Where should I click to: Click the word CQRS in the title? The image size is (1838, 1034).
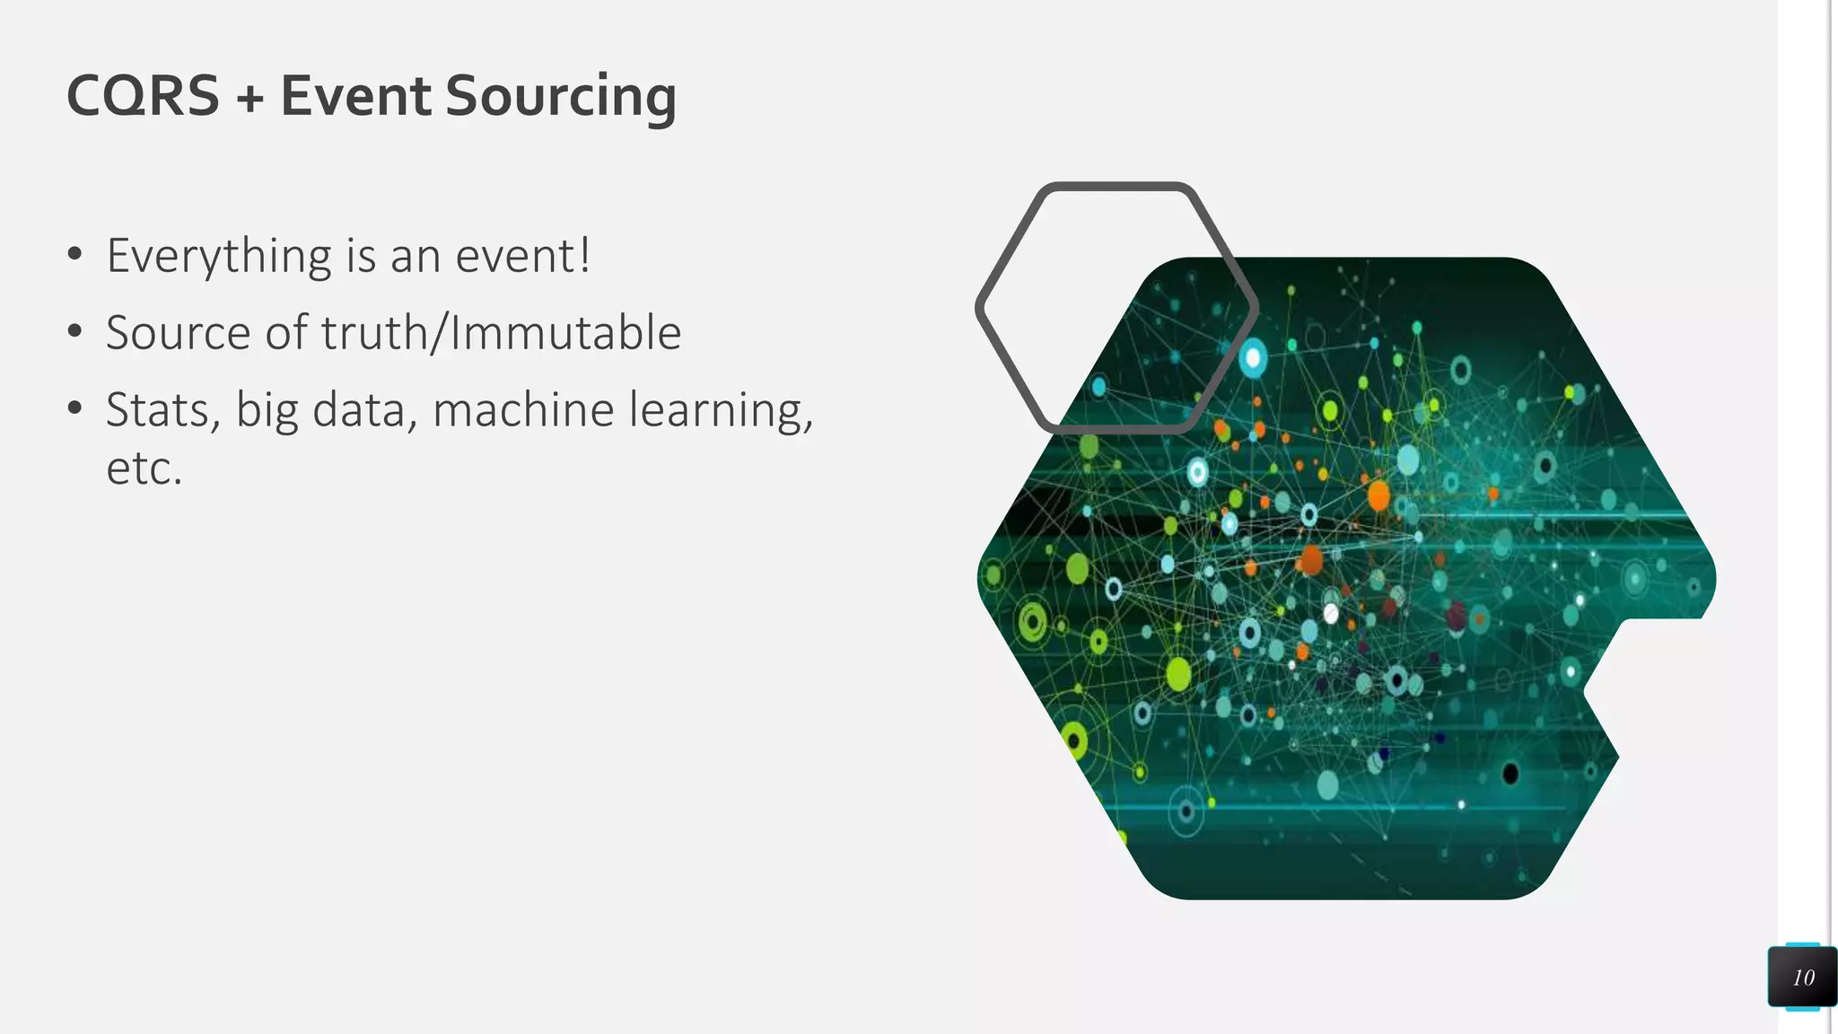[143, 96]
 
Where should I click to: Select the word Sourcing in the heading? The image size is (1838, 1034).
[560, 97]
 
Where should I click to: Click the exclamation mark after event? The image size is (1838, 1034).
[584, 255]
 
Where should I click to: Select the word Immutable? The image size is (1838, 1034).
[565, 333]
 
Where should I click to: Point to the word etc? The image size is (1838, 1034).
[144, 469]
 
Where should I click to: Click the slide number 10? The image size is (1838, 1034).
[1803, 977]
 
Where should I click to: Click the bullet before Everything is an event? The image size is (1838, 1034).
[75, 255]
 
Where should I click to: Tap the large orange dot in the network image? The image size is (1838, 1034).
[1378, 495]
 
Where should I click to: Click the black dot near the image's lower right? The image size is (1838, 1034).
[1510, 773]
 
